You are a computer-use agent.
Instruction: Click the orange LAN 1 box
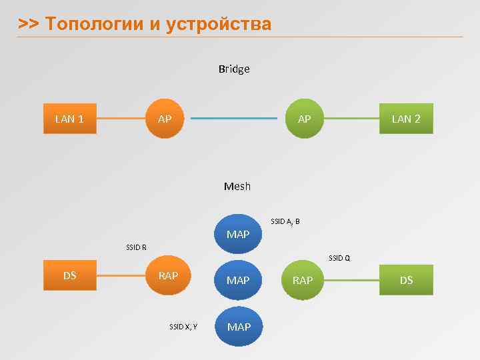[x=69, y=119]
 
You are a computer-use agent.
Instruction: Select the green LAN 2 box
[x=406, y=119]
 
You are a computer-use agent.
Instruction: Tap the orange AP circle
[x=165, y=119]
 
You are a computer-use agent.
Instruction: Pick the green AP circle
[x=304, y=119]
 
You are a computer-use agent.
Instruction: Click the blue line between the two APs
[x=233, y=119]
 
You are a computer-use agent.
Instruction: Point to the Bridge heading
[x=234, y=69]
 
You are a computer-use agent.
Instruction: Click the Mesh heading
[x=237, y=186]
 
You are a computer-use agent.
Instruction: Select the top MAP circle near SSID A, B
[x=238, y=234]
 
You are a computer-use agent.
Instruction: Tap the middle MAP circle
[x=238, y=280]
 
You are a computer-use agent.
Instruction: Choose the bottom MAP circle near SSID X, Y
[x=239, y=327]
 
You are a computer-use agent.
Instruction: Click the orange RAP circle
[x=168, y=275]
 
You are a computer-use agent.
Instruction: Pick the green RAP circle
[x=303, y=280]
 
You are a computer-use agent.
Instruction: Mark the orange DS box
[x=69, y=275]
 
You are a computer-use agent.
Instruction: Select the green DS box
[x=406, y=280]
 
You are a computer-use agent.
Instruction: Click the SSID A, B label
[x=285, y=221]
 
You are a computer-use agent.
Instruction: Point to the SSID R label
[x=136, y=247]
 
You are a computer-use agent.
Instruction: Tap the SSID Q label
[x=339, y=258]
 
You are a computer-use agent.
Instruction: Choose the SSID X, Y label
[x=183, y=327]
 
